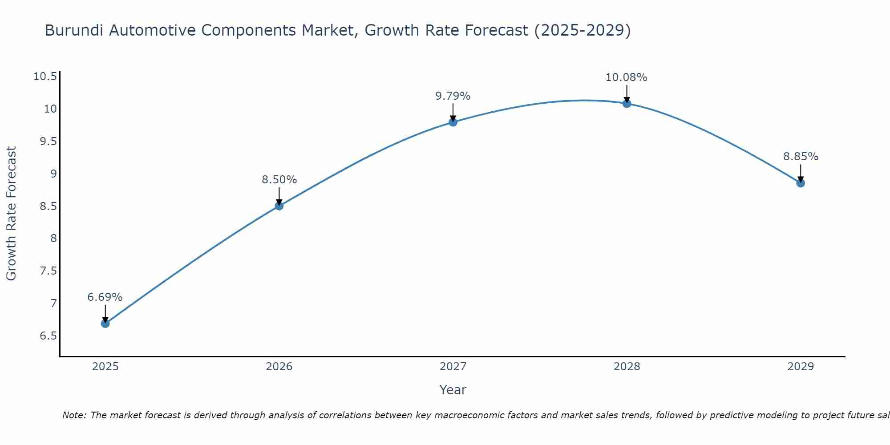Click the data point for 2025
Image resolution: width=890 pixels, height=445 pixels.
105,324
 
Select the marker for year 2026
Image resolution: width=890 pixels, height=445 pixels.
279,206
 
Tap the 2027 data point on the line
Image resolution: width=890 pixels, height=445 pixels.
453,122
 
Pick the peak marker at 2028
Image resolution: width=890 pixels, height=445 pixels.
627,104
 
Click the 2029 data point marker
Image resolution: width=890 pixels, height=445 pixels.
801,183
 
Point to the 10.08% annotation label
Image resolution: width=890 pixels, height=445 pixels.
626,77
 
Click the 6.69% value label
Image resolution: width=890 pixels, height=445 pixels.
105,297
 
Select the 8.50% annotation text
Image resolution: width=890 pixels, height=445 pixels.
279,180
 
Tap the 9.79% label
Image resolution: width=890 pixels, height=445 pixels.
453,96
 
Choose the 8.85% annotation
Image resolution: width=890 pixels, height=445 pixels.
801,157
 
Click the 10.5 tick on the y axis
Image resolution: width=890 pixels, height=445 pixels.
45,77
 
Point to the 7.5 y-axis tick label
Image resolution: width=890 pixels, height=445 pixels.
49,271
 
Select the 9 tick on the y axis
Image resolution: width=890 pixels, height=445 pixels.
53,174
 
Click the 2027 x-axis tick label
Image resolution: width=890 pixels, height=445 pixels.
453,367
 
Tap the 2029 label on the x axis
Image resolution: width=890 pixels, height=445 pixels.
801,367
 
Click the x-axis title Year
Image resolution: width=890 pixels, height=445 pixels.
453,390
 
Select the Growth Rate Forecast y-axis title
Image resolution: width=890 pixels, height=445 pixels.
11,214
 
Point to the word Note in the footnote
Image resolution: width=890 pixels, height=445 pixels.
73,415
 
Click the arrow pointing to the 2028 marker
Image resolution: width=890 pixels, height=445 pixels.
627,93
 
